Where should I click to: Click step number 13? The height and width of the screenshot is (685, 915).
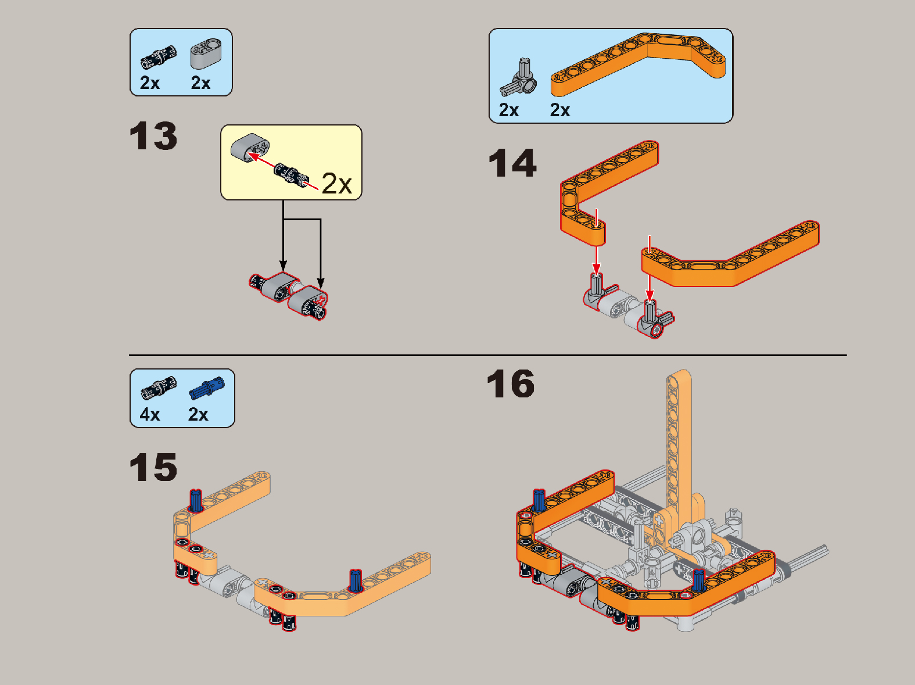153,137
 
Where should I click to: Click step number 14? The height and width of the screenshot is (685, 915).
512,163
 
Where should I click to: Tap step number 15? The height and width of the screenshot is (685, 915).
153,467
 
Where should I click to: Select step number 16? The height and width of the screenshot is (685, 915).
511,383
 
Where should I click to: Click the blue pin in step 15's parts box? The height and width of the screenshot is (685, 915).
207,388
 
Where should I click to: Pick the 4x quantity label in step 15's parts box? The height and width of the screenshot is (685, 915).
150,414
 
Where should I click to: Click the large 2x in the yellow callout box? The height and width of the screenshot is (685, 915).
337,184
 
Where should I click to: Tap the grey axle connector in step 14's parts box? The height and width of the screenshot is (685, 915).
518,78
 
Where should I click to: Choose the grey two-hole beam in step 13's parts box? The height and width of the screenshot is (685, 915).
206,53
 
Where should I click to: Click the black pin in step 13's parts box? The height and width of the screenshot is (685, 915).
159,57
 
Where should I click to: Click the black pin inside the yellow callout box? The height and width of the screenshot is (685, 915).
292,175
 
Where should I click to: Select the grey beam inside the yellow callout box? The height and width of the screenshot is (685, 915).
250,147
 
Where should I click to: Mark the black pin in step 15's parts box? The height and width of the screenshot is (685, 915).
159,388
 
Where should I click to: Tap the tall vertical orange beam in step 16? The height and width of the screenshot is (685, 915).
679,437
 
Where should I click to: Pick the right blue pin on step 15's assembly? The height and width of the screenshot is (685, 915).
355,580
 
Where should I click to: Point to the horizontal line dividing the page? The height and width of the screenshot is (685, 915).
488,355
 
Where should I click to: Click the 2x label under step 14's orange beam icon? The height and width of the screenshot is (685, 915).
560,110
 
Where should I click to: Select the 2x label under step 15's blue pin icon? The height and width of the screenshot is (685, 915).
198,414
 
